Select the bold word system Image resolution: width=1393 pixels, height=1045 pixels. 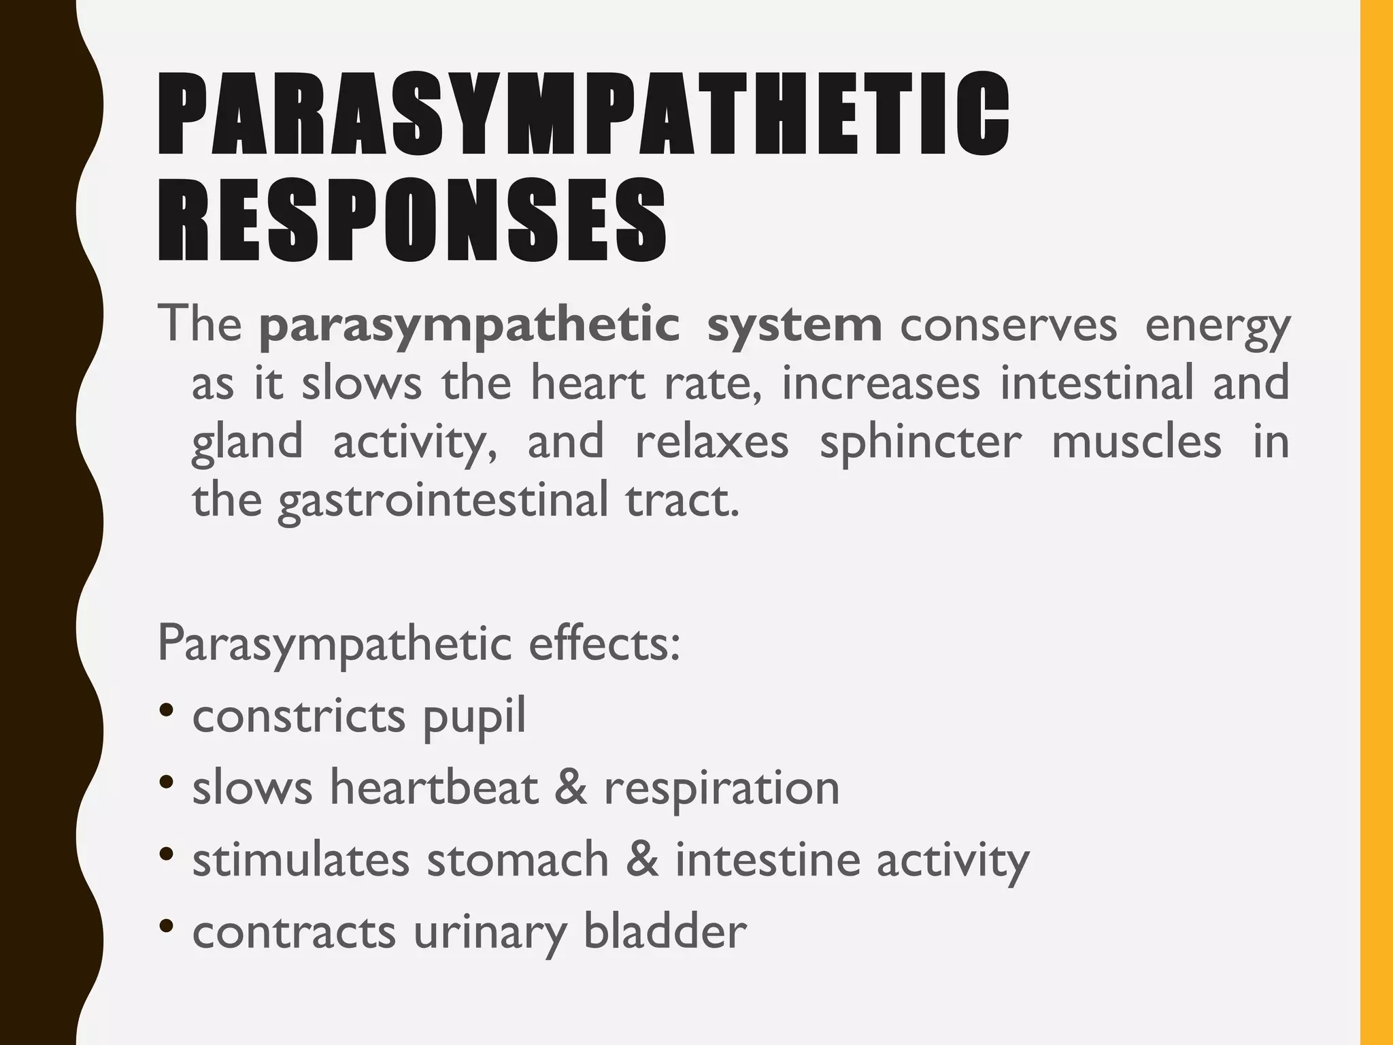pyautogui.click(x=794, y=325)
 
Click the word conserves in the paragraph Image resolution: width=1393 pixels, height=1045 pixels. pyautogui.click(x=1008, y=326)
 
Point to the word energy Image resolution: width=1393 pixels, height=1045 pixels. pyautogui.click(x=1217, y=328)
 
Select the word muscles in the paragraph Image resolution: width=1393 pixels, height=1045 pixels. pyautogui.click(x=1136, y=442)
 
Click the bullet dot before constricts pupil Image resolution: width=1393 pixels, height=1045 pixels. pyautogui.click(x=165, y=711)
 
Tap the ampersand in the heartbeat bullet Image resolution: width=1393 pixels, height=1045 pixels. pyautogui.click(x=570, y=787)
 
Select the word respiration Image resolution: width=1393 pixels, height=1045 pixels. pyautogui.click(x=722, y=789)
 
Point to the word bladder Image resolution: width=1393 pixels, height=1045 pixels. pyautogui.click(x=665, y=931)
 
